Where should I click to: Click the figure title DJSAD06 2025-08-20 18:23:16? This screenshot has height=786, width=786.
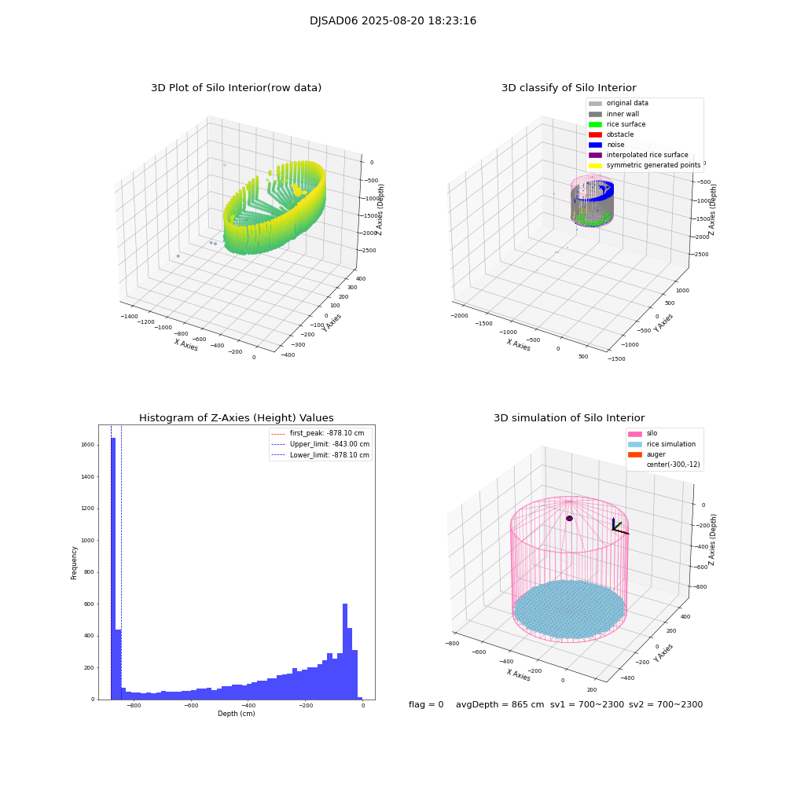(393, 21)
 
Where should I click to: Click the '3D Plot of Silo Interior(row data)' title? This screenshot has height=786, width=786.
(236, 88)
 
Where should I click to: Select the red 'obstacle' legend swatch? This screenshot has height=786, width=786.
(595, 134)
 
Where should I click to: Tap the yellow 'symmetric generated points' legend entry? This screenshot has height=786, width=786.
(652, 165)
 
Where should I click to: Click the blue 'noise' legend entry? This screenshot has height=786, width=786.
(616, 145)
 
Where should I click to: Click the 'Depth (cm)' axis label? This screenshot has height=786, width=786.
(236, 714)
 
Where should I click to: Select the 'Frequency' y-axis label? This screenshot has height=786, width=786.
(75, 563)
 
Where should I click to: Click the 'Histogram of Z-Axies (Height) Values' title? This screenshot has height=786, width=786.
(236, 418)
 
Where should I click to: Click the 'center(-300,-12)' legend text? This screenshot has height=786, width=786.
(673, 465)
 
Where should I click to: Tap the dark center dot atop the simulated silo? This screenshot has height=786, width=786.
(569, 518)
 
